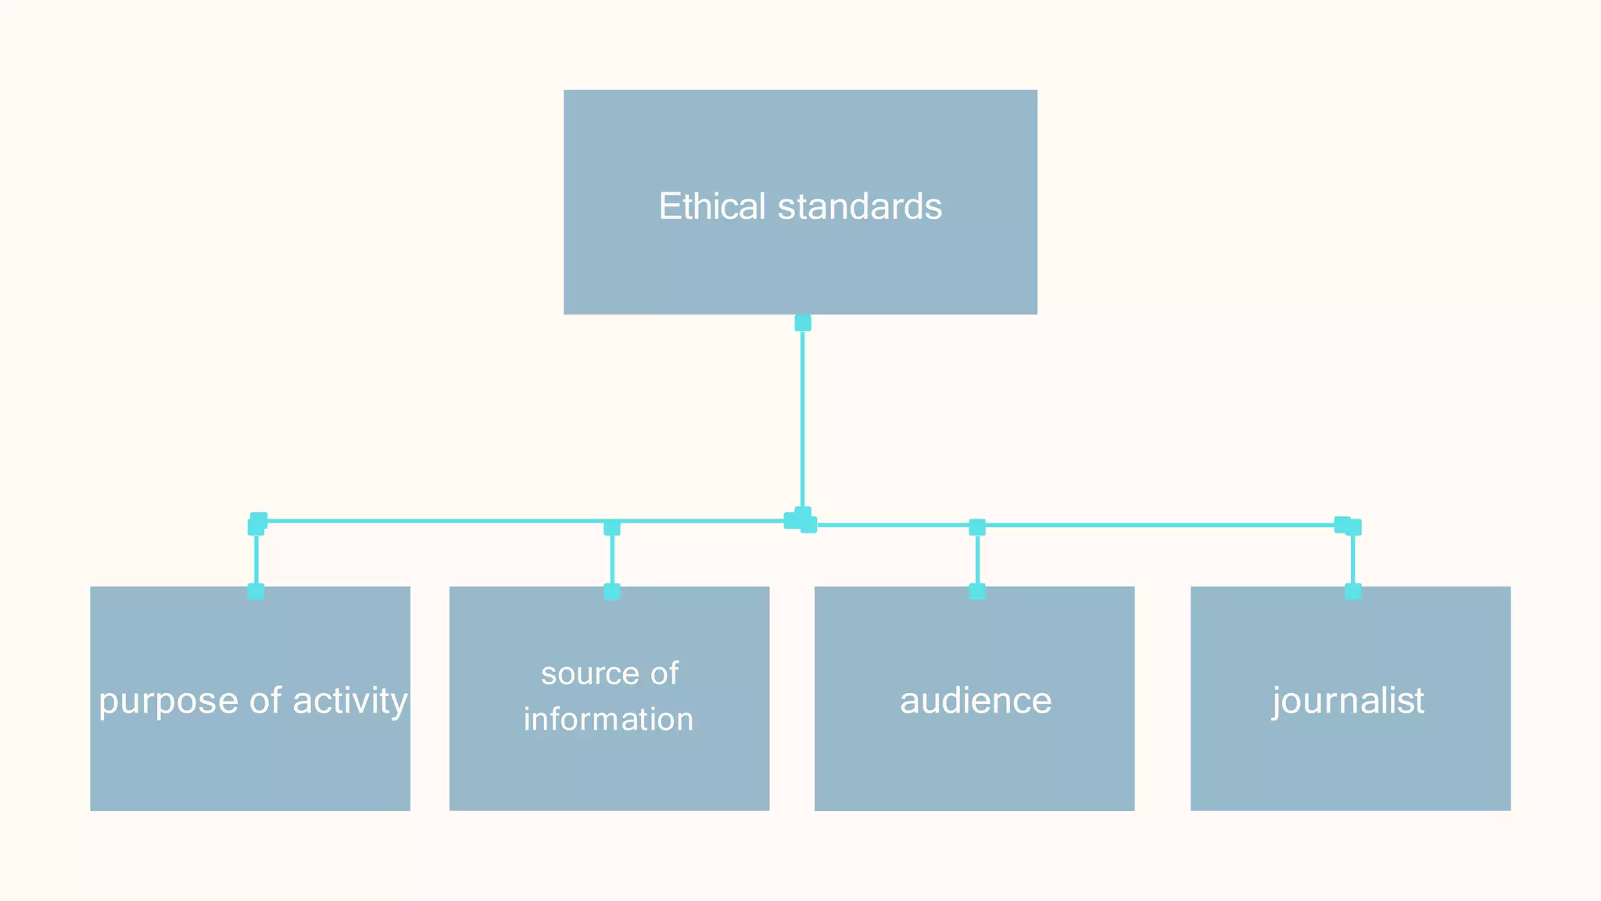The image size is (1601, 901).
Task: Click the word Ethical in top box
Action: click(x=711, y=206)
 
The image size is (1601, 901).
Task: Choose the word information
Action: click(x=608, y=720)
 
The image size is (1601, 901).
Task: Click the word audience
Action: click(x=976, y=701)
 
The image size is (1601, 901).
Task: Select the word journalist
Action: click(x=1348, y=701)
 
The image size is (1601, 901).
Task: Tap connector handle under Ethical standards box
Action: click(x=803, y=323)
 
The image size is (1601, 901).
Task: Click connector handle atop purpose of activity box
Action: click(x=256, y=591)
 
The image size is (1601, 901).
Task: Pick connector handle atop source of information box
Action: click(x=612, y=591)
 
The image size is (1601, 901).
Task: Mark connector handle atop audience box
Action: click(x=977, y=591)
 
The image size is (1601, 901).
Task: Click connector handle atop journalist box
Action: click(x=1353, y=591)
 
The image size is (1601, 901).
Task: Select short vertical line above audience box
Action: click(x=977, y=559)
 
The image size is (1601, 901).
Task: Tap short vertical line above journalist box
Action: click(x=1353, y=559)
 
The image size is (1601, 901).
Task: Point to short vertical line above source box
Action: click(x=612, y=559)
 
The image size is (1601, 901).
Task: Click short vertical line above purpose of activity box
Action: click(x=256, y=559)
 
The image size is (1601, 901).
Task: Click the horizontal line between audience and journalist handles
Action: click(x=1157, y=526)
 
